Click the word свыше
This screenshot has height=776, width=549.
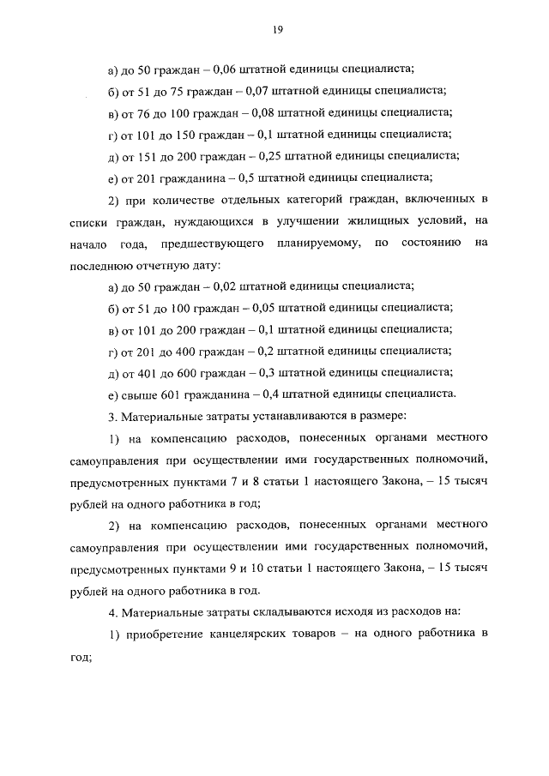[x=141, y=394]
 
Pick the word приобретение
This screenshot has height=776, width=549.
[x=161, y=635]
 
